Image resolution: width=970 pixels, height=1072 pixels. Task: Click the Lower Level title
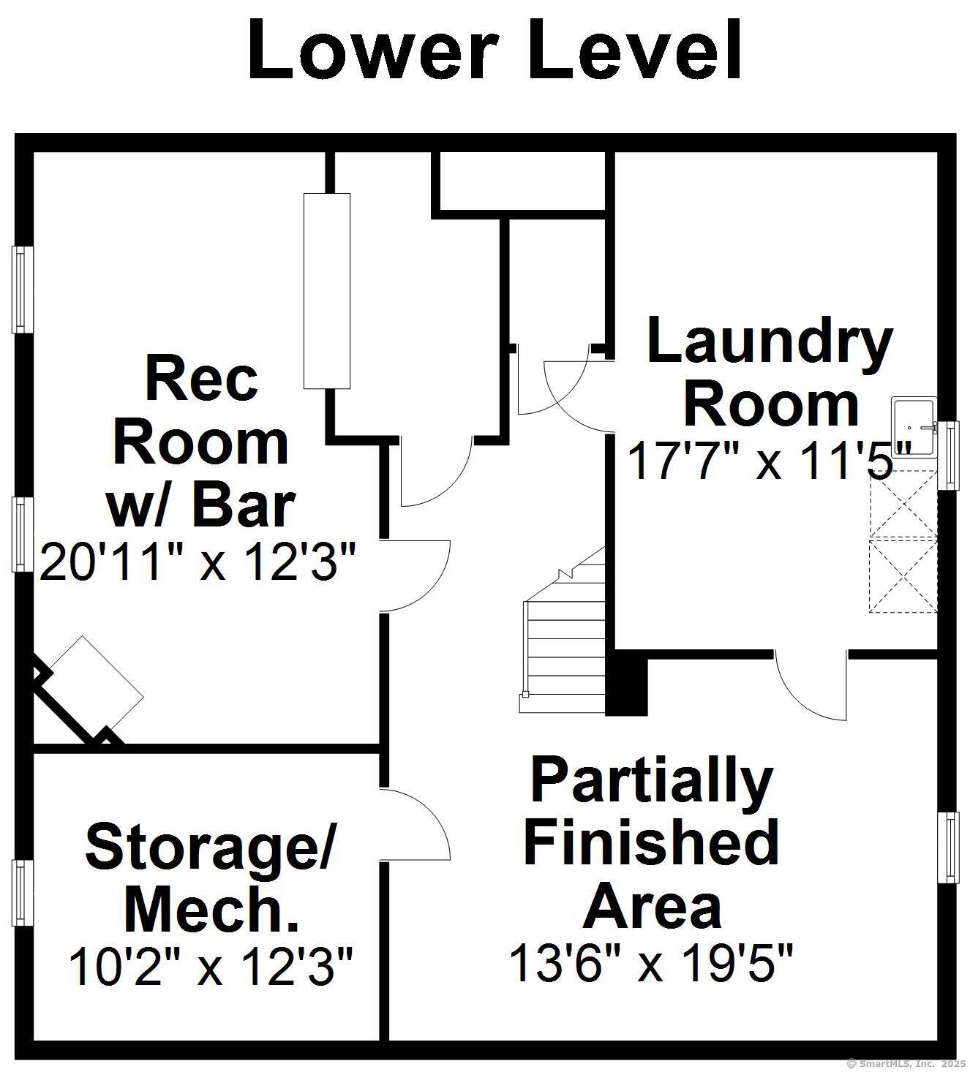coord(494,50)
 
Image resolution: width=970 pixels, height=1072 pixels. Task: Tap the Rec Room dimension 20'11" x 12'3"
coord(198,562)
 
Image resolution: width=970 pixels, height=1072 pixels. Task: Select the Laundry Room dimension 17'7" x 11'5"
coord(769,460)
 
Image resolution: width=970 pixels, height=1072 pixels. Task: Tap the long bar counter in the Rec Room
coord(327,291)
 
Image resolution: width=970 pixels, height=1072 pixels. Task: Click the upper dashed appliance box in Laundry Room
coord(903,503)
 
